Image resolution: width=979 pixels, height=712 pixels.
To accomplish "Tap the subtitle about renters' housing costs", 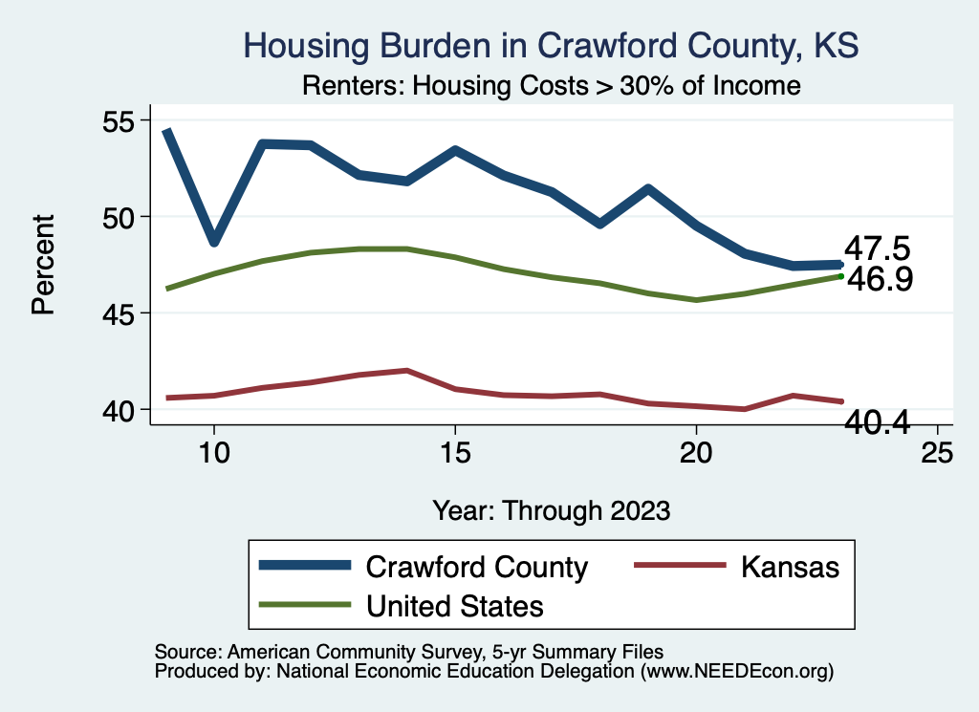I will [x=550, y=85].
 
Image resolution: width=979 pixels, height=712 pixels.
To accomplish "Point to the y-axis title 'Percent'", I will [x=42, y=265].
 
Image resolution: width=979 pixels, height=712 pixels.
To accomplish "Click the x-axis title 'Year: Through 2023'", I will [x=551, y=509].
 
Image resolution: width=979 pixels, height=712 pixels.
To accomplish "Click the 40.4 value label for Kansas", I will [x=876, y=421].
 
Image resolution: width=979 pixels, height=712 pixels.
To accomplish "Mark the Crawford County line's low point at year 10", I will [x=214, y=240].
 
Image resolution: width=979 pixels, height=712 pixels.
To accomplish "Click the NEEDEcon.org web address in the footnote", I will [x=735, y=673].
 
